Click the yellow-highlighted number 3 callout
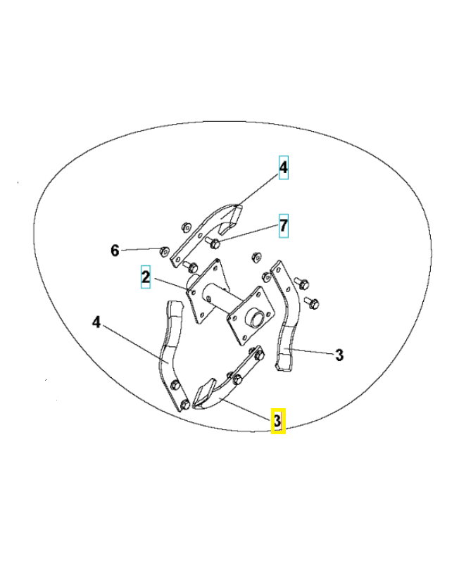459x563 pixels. [278, 420]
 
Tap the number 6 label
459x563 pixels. [115, 250]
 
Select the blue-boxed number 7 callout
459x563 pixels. [283, 225]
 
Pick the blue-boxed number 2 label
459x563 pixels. [145, 277]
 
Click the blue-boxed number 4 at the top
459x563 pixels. [283, 167]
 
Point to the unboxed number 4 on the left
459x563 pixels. [97, 322]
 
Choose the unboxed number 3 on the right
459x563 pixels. [339, 355]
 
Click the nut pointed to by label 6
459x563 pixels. [163, 250]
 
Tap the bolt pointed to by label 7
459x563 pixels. [215, 243]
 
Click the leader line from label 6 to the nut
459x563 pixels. [141, 250]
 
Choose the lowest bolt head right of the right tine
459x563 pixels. [313, 303]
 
